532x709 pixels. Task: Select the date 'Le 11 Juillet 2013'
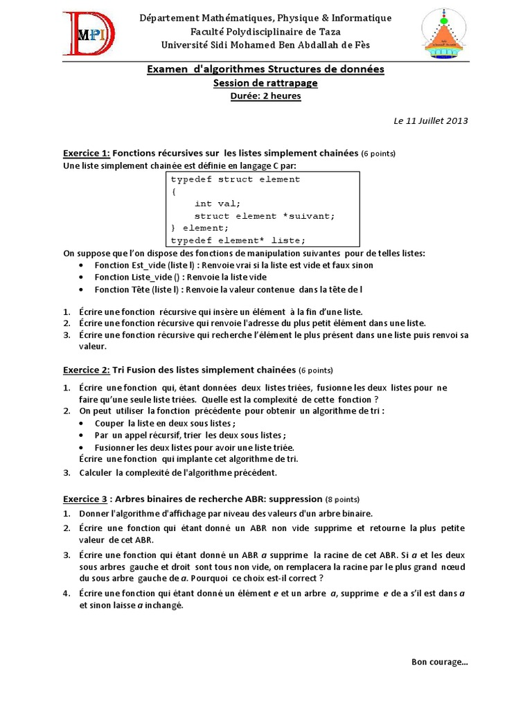pos(431,120)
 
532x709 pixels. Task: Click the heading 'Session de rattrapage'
pos(265,83)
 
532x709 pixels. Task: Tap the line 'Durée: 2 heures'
pos(265,96)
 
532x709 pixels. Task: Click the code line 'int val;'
pos(218,204)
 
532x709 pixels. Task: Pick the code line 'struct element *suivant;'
pos(264,215)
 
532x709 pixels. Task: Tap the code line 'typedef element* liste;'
pos(238,240)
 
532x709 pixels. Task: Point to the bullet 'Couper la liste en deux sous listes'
pos(165,424)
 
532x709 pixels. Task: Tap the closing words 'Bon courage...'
pos(440,662)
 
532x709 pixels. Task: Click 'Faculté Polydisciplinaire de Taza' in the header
pos(265,31)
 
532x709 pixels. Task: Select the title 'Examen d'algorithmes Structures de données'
pos(265,69)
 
